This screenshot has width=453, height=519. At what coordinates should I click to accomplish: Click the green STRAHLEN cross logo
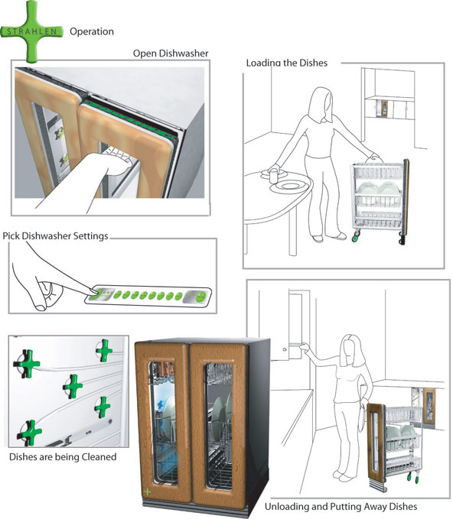[31, 31]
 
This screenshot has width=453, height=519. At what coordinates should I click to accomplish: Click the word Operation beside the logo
[92, 32]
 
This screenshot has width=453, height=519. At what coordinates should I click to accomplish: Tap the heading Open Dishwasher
[171, 54]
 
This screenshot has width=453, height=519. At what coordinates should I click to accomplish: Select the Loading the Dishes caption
[287, 63]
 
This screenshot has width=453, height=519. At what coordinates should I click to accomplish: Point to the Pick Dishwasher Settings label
[55, 236]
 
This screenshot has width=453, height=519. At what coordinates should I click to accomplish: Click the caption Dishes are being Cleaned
[63, 457]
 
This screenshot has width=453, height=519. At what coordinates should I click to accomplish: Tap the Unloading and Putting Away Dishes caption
[341, 507]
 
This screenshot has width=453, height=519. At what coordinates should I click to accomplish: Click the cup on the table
[274, 176]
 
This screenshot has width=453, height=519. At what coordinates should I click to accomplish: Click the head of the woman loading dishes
[321, 99]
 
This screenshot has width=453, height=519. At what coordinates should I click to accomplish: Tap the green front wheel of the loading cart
[356, 236]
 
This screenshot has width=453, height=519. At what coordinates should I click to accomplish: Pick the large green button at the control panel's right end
[200, 297]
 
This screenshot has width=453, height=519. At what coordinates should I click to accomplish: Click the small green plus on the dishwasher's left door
[148, 491]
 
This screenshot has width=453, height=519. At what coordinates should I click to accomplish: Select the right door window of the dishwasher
[219, 427]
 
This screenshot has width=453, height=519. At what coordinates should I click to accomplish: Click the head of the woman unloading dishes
[351, 348]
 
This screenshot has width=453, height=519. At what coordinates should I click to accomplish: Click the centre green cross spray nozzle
[73, 386]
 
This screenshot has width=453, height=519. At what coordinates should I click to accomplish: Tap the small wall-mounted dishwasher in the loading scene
[383, 108]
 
